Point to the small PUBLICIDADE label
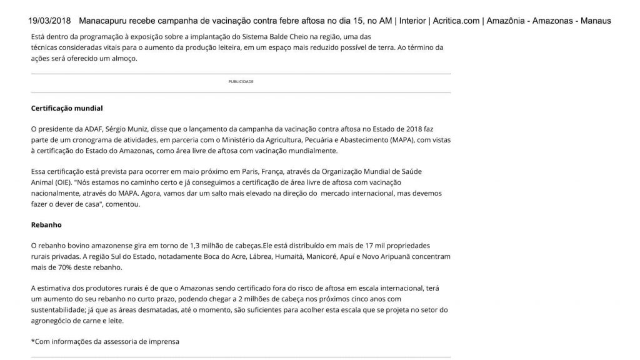tap(241, 82)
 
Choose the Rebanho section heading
tap(46, 224)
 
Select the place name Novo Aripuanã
tap(383, 256)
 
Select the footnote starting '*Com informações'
tap(104, 342)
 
